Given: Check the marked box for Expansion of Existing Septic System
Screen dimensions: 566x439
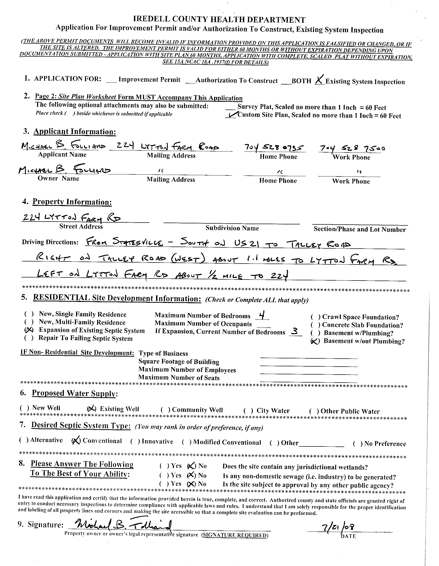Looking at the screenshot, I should [29, 330].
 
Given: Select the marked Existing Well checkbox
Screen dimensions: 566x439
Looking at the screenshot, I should [91, 409].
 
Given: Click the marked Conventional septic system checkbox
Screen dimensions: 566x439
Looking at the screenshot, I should [76, 441].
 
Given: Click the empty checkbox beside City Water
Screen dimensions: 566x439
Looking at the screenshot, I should [248, 410].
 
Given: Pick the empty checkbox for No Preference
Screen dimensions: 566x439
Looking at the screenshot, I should [358, 444].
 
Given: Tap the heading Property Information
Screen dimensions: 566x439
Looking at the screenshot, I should [72, 202].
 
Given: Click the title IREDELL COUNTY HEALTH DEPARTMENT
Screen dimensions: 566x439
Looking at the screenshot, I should [219, 19].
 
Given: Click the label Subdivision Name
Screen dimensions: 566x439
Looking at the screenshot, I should [232, 228].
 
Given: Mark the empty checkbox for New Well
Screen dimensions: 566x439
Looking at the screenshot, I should [24, 408].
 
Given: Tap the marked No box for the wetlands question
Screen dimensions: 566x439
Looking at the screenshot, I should [191, 466].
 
